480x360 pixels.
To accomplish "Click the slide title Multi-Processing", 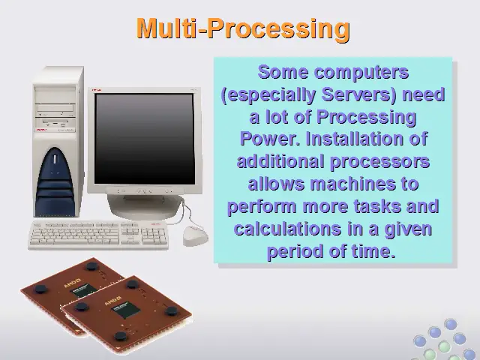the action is tap(243, 28).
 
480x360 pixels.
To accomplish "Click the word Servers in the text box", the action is tap(359, 94).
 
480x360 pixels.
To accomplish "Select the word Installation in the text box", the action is tap(354, 139).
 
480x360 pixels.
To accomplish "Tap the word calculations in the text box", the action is tap(287, 229).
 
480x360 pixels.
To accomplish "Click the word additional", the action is tap(280, 161).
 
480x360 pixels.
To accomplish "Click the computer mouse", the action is tap(195, 235).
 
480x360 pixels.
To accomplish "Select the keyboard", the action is tap(98, 235).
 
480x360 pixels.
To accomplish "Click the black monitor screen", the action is tap(144, 139).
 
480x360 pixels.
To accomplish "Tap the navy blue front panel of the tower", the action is tap(55, 183).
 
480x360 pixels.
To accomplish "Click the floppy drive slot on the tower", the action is tap(55, 123).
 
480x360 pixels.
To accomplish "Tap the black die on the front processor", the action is tap(125, 309).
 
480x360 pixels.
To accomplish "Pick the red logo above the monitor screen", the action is tap(97, 90).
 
